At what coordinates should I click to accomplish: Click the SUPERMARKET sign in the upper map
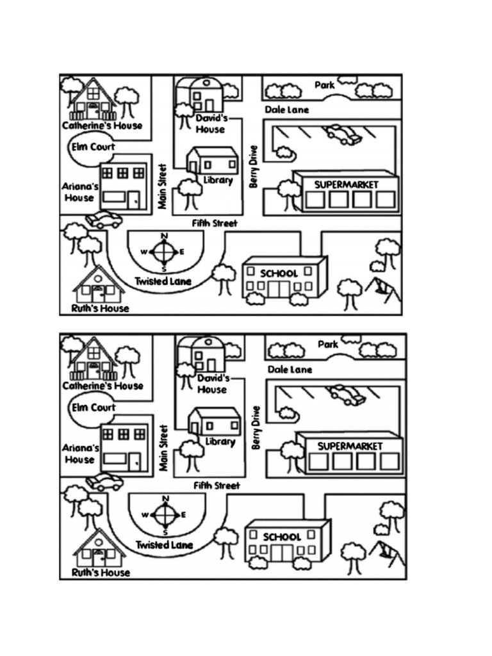point(346,184)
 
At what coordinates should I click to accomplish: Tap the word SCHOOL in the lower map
point(281,537)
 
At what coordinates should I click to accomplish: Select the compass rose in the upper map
point(164,252)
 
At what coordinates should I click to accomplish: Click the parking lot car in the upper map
point(343,134)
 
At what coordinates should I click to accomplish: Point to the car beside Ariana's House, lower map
point(104,481)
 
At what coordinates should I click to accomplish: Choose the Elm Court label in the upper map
point(92,147)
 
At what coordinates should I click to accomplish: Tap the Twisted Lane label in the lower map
point(164,545)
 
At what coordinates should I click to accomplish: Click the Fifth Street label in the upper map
point(215,223)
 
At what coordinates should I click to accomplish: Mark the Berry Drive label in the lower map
point(256,427)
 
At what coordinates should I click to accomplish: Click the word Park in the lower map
point(328,345)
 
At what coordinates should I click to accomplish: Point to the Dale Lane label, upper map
point(286,110)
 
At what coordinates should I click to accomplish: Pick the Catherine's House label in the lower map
point(102,386)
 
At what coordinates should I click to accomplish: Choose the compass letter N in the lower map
point(166,498)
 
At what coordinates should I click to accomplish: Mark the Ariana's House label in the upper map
point(80,192)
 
